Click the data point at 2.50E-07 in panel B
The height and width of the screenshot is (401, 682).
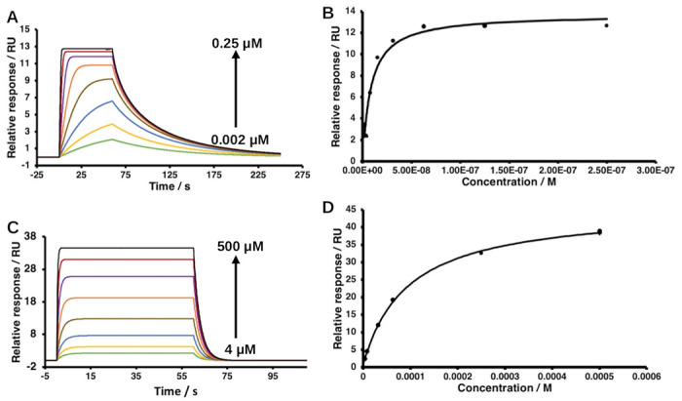606,25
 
